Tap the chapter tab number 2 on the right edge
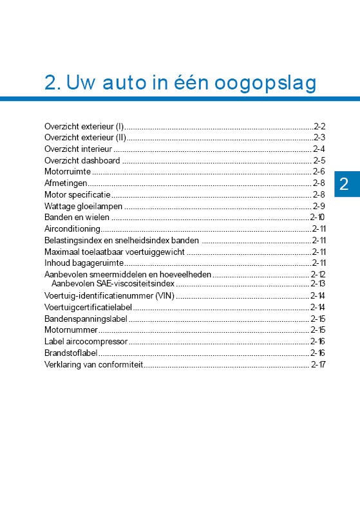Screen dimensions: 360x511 coord(344,185)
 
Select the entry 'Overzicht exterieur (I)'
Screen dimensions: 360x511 coord(84,126)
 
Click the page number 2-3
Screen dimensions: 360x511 coord(319,137)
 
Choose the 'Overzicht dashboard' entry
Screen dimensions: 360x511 coord(82,160)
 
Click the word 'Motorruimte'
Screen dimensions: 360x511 coord(67,172)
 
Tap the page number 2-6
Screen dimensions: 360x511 coord(319,172)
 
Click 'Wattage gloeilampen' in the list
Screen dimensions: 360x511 coord(83,206)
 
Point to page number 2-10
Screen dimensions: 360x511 coord(317,217)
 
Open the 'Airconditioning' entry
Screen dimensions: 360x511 coord(72,228)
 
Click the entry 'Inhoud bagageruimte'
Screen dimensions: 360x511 coord(84,263)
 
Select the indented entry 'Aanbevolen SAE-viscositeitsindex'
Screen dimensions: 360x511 coord(113,283)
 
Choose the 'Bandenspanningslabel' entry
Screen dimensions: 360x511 coord(86,319)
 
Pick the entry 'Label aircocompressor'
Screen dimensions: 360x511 coord(86,341)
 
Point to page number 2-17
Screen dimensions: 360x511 coord(318,364)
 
